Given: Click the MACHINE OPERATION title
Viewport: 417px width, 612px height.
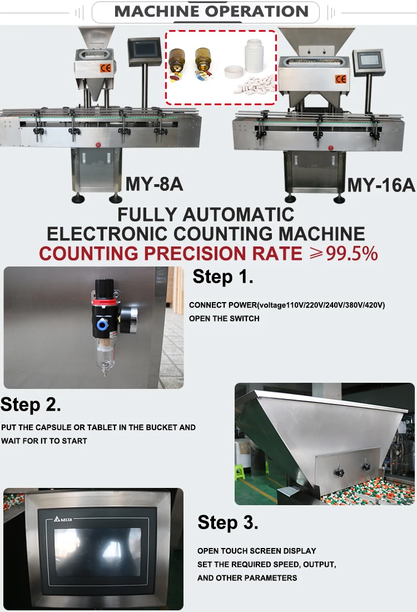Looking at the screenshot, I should point(211,11).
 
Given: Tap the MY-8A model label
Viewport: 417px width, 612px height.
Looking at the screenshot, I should point(154,184).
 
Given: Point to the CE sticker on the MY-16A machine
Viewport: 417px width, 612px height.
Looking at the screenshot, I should point(340,79).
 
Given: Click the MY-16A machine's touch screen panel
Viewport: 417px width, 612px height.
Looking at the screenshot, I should point(369,62).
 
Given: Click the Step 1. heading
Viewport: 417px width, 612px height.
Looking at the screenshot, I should point(222,277).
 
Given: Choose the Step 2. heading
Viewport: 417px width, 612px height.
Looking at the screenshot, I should point(31,404).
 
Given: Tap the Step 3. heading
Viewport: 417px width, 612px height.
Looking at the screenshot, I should point(228,522).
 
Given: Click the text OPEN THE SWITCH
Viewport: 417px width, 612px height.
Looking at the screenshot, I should point(224,318).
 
